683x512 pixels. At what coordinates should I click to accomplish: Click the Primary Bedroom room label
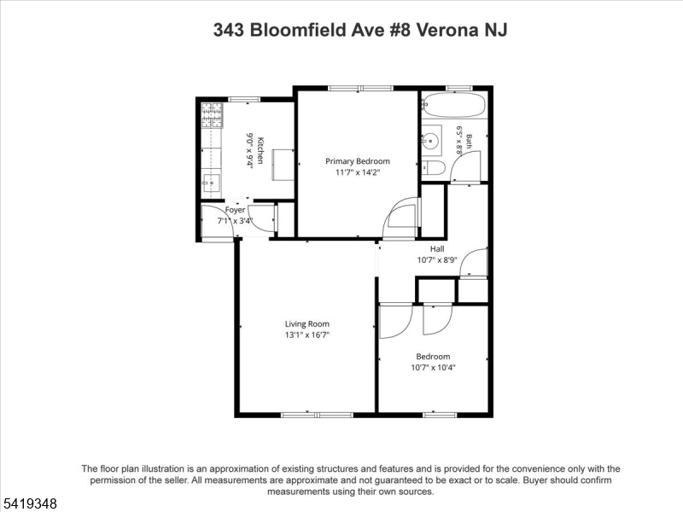(358, 161)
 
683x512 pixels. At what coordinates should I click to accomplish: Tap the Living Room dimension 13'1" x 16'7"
(307, 335)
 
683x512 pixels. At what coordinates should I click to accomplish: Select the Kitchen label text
(260, 150)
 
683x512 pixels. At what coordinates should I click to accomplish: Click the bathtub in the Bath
(453, 104)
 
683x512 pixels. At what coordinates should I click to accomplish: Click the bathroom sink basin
(431, 140)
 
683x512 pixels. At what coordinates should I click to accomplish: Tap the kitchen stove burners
(212, 115)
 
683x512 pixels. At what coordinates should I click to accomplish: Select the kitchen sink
(212, 183)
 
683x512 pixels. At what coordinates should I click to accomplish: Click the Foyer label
(236, 210)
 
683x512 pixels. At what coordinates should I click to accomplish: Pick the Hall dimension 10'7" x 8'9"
(437, 260)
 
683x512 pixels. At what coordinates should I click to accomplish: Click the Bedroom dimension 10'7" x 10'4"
(433, 367)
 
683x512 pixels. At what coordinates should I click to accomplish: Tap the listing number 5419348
(29, 503)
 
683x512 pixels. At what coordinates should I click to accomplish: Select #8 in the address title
(399, 30)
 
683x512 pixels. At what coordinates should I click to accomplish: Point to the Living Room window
(317, 415)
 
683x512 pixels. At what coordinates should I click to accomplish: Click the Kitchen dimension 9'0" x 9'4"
(249, 150)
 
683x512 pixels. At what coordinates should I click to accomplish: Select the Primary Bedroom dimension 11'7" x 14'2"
(358, 172)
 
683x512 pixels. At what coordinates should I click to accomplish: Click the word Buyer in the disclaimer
(535, 480)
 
